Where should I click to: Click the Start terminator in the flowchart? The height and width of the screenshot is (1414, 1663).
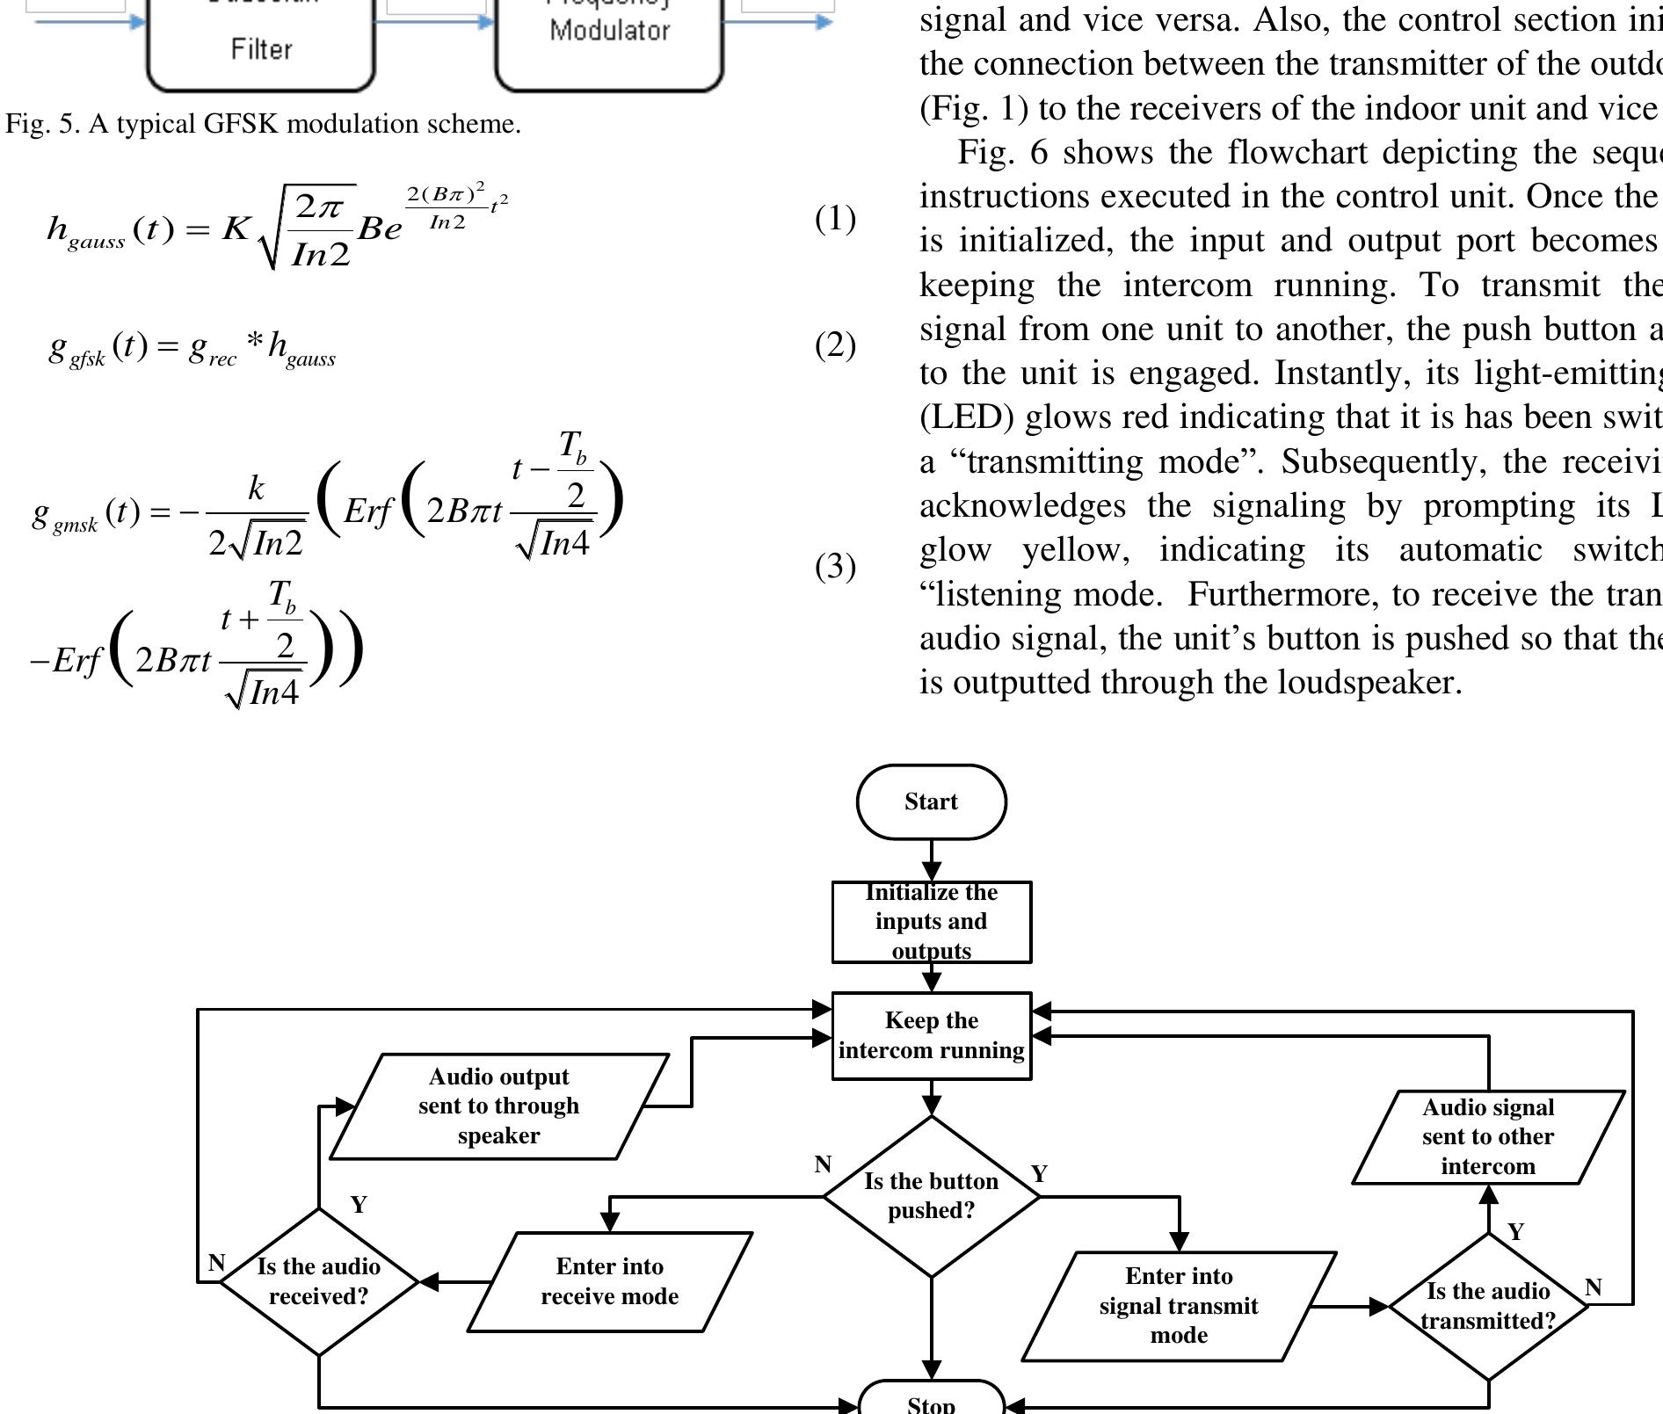[931, 801]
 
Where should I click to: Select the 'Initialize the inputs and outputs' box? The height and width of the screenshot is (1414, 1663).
[931, 922]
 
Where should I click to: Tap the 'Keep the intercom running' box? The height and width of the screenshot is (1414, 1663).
[931, 1035]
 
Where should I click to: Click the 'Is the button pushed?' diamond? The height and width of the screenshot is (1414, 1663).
[931, 1196]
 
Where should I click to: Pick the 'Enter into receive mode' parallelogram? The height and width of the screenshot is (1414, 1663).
[609, 1281]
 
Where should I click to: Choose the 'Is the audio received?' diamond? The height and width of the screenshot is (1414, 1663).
[318, 1281]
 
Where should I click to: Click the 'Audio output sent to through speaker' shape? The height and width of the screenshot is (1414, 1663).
[498, 1106]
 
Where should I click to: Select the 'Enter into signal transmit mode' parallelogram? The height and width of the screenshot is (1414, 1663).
[1178, 1306]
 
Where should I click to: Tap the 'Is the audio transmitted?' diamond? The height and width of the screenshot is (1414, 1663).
[1487, 1306]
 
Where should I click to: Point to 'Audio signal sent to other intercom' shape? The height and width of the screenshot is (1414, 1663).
[1487, 1137]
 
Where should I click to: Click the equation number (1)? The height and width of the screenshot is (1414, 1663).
[835, 218]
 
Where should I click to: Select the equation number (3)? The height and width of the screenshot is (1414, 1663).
[835, 566]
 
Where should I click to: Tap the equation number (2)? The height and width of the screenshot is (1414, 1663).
[835, 344]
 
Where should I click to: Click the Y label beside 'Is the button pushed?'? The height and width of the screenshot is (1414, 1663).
[1039, 1174]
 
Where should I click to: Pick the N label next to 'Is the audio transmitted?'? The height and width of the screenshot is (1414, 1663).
[1593, 1287]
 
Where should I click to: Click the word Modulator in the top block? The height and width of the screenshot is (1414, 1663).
[609, 31]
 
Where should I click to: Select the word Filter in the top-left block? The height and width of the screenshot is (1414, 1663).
[261, 49]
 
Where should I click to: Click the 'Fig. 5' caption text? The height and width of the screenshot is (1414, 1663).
[263, 124]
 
